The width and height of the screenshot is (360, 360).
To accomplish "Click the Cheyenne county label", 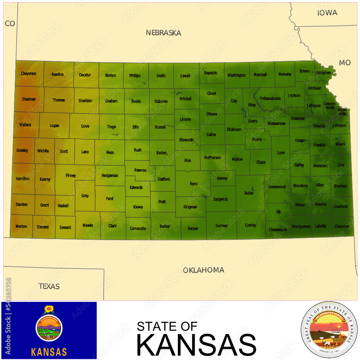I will [28, 74].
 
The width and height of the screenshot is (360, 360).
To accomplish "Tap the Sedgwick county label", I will [220, 199].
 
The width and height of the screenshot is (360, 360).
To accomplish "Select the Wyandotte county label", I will [342, 112].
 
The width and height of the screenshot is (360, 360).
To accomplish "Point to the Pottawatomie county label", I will [270, 98].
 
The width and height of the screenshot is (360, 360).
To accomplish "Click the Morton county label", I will [21, 226].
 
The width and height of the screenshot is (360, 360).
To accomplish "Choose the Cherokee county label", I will [342, 226].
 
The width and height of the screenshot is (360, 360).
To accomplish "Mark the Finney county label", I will [71, 176].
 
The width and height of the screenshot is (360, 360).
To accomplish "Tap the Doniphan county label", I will [323, 73].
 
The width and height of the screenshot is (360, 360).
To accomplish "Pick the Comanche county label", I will [138, 229].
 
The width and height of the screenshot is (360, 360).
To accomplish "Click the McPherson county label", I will [212, 158].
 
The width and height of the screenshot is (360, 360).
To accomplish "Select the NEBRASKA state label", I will [163, 33].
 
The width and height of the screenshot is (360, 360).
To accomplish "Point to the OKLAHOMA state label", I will [203, 270].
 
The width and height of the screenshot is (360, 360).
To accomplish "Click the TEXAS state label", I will [49, 287].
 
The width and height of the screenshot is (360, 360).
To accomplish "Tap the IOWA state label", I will [327, 13].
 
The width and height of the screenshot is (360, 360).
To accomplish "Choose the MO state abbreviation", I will [345, 63].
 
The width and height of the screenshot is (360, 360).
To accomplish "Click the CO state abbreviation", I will [10, 24].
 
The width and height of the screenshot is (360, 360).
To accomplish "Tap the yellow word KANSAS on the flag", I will [49, 352].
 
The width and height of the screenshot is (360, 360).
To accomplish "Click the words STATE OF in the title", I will [167, 326].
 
